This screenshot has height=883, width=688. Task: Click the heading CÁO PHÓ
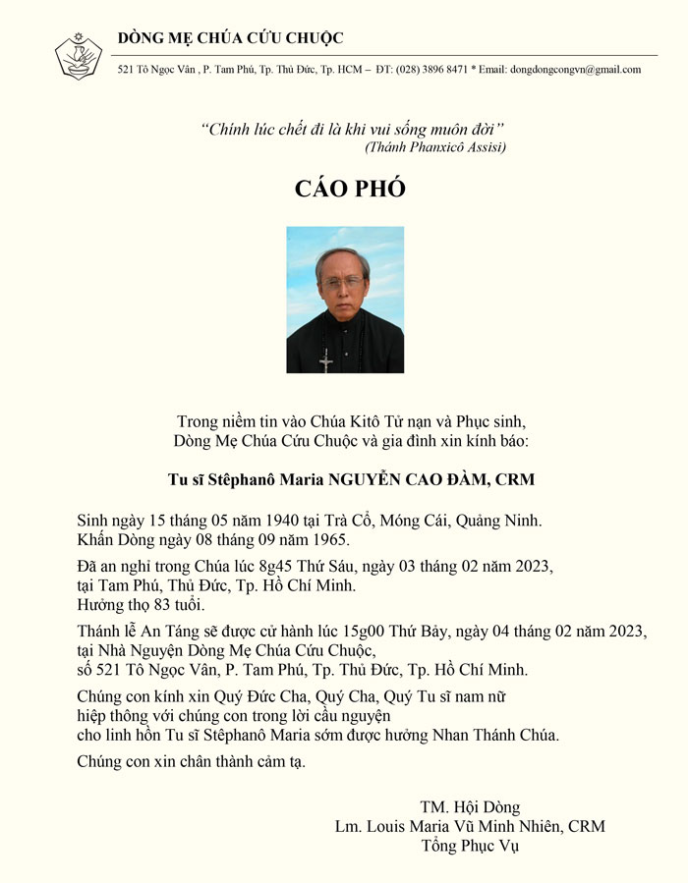pyautogui.click(x=350, y=189)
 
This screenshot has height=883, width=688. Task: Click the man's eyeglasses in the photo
pyautogui.click(x=341, y=282)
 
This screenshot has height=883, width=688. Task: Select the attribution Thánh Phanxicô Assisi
pyautogui.click(x=434, y=147)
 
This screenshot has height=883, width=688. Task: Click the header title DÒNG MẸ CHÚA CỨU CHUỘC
pyautogui.click(x=231, y=38)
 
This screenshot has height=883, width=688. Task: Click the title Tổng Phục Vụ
pyautogui.click(x=470, y=845)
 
